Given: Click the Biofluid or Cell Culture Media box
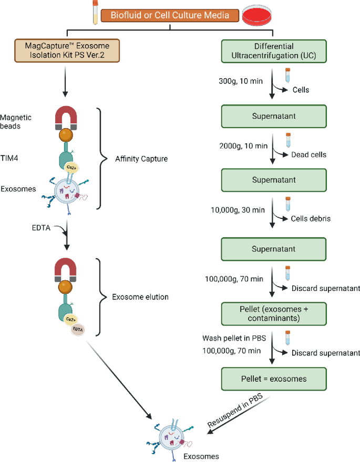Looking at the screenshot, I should pyautogui.click(x=168, y=15).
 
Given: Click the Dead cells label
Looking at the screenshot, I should pyautogui.click(x=308, y=155).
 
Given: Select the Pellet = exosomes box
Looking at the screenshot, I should pyautogui.click(x=273, y=378).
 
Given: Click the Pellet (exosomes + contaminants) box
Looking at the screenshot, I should pyautogui.click(x=273, y=313).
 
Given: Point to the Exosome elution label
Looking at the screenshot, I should pyautogui.click(x=140, y=297).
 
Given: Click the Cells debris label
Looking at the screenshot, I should pyautogui.click(x=311, y=219).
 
